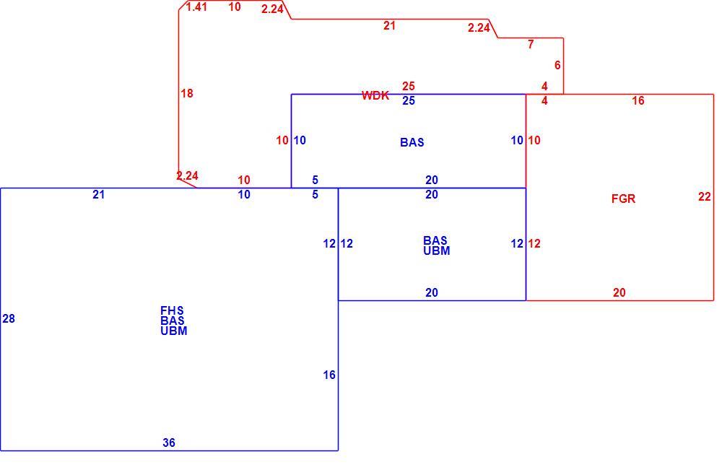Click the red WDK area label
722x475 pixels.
(x=375, y=95)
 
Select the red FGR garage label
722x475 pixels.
(x=624, y=199)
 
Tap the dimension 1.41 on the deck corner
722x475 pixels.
(x=196, y=7)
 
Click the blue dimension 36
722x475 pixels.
(x=169, y=443)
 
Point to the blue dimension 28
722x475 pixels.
(x=9, y=318)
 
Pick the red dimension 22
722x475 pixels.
(x=705, y=196)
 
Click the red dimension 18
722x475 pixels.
(x=187, y=93)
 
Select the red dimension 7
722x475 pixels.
(x=531, y=44)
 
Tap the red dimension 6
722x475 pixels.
(x=557, y=66)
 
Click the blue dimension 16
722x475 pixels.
(x=329, y=375)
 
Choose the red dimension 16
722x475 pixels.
(x=638, y=101)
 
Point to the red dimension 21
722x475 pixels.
(x=390, y=26)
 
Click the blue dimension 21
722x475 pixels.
(x=98, y=195)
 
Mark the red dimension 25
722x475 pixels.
(x=409, y=86)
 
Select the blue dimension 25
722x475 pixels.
(x=409, y=101)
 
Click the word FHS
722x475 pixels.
(x=173, y=310)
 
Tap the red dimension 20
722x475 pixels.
(x=619, y=293)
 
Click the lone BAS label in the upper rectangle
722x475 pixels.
(x=412, y=143)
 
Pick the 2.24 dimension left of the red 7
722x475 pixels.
(x=479, y=27)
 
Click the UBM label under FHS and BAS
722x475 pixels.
(x=174, y=331)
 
